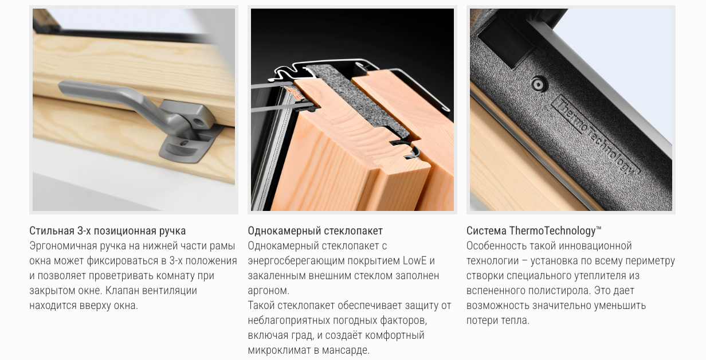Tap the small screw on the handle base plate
pos(183,143)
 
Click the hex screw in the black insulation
pos(538,84)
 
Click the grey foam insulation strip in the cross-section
pos(356,101)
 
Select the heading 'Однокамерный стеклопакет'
pos(315,231)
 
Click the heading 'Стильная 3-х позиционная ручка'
pos(108,231)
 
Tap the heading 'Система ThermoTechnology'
pos(534,231)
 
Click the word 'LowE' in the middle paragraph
pos(414,261)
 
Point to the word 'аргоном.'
pos(269,291)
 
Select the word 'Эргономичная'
pos(63,246)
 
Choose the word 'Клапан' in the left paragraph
pos(122,291)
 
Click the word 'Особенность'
pos(496,246)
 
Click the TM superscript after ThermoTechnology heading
pos(598,228)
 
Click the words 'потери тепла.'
pos(498,320)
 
